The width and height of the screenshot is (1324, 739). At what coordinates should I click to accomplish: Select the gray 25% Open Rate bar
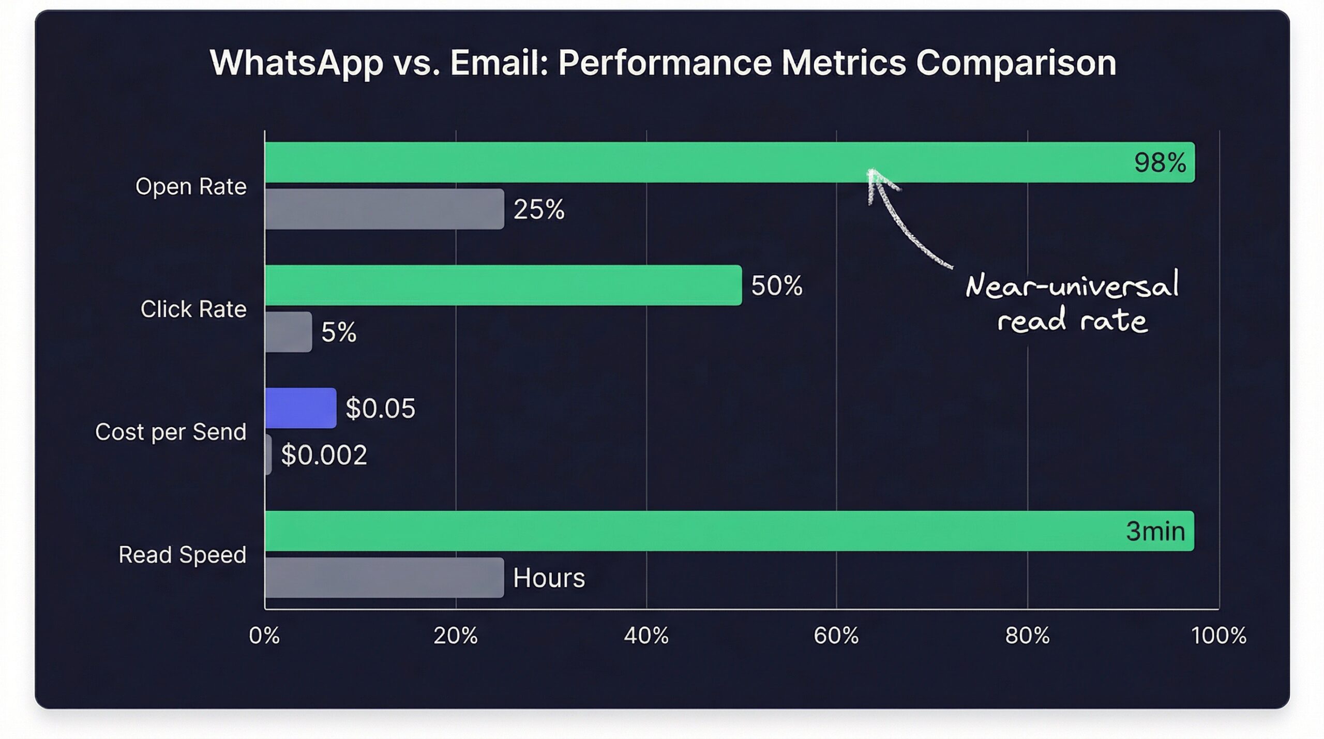click(384, 209)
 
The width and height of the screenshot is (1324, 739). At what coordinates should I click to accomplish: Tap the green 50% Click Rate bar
click(503, 285)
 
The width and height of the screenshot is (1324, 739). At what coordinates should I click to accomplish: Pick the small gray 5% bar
click(288, 332)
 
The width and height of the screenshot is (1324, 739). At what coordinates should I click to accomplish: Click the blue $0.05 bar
click(300, 408)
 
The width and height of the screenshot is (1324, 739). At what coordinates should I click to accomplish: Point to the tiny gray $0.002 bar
click(268, 455)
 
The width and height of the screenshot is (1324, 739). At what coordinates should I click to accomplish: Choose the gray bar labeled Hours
click(384, 578)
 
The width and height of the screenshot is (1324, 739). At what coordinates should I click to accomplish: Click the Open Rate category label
click(190, 186)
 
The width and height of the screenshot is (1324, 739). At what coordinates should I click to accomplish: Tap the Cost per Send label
click(170, 432)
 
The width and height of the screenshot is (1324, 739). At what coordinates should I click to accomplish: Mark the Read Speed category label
click(182, 555)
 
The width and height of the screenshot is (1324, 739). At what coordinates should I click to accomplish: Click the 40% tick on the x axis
click(646, 636)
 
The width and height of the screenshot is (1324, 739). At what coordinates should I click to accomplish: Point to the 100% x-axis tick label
click(1218, 636)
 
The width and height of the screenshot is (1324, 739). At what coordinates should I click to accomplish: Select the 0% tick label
click(264, 636)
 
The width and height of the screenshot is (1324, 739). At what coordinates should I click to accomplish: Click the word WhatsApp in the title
click(296, 63)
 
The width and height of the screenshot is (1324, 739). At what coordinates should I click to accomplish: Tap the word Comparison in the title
click(1016, 63)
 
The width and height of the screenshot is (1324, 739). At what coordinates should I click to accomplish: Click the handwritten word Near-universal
click(1071, 285)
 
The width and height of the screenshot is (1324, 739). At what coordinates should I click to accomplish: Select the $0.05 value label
click(380, 408)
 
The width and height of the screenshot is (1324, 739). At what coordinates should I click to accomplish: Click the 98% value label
click(1160, 162)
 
